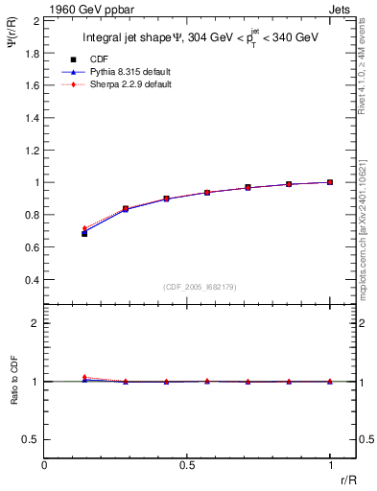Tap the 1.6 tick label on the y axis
point(31,84)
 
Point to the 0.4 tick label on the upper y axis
point(31,280)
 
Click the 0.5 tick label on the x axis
point(187,465)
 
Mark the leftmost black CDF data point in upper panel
point(84,233)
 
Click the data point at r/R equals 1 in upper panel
point(330,182)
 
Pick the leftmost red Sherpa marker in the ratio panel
point(84,378)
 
